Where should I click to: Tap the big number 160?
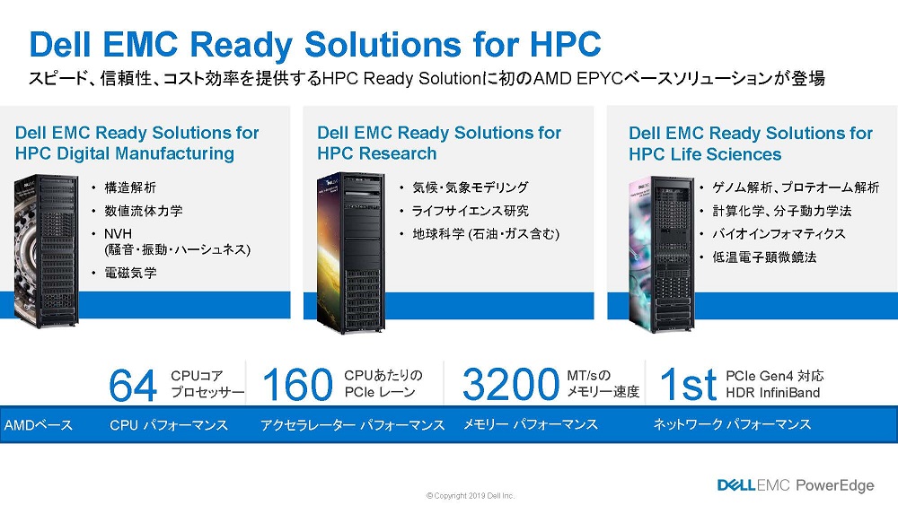click(x=297, y=384)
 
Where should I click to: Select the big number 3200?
click(x=510, y=384)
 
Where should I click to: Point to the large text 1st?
click(x=688, y=384)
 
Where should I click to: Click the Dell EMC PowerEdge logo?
click(x=796, y=485)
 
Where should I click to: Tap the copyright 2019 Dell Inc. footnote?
click(x=471, y=496)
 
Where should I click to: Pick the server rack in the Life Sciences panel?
click(x=662, y=255)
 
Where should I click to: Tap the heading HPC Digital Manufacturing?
click(x=124, y=153)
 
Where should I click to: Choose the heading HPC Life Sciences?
click(x=705, y=154)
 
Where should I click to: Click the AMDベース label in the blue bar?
click(x=39, y=425)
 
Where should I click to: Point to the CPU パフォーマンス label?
click(x=169, y=425)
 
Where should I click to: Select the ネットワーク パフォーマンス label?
click(x=732, y=424)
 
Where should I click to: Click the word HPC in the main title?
click(x=566, y=44)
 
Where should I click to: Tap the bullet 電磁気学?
click(x=130, y=273)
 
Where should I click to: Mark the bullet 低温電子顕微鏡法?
click(x=764, y=257)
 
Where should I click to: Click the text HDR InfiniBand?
click(x=772, y=392)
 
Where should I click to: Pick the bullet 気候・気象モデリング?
click(x=471, y=187)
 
